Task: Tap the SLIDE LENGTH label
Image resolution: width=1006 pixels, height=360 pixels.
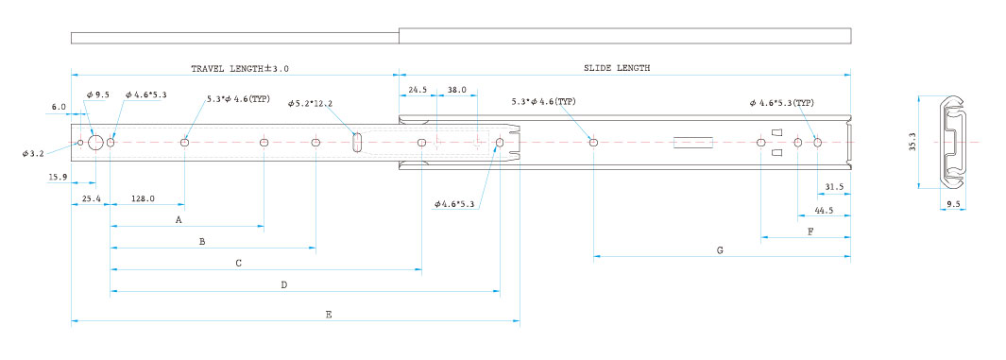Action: pos(616,67)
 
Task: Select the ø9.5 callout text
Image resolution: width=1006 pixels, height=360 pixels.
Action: pos(98,94)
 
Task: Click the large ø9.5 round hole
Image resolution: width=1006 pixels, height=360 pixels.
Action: pos(96,143)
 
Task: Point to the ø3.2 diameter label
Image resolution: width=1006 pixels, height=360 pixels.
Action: pos(33,153)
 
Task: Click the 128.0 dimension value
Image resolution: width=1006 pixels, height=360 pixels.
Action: pos(143,199)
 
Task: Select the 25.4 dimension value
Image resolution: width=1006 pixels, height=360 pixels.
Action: pos(91,199)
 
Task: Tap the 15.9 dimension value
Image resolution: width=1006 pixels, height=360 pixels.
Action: pos(58,177)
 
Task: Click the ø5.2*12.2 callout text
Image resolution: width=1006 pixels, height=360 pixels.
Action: pos(311,103)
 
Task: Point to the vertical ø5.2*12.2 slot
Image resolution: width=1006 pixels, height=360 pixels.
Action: pos(357,143)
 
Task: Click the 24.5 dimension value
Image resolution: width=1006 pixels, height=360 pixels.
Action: pos(417,91)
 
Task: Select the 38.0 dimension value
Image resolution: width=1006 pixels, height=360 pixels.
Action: pos(457,91)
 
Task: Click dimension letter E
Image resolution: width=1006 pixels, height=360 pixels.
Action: pos(329,315)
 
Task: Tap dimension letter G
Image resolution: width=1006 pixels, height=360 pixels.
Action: pos(720,250)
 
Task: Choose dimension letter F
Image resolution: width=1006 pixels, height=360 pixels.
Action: pos(810,231)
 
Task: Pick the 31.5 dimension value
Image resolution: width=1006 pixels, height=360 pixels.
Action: pos(834,187)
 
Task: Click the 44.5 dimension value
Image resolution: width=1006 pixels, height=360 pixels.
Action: pos(825,210)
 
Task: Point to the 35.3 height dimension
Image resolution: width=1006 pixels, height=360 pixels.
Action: pos(912,146)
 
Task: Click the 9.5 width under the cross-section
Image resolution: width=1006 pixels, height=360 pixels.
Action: pos(953,205)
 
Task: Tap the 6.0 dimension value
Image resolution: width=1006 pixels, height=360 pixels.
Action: pos(59,107)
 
